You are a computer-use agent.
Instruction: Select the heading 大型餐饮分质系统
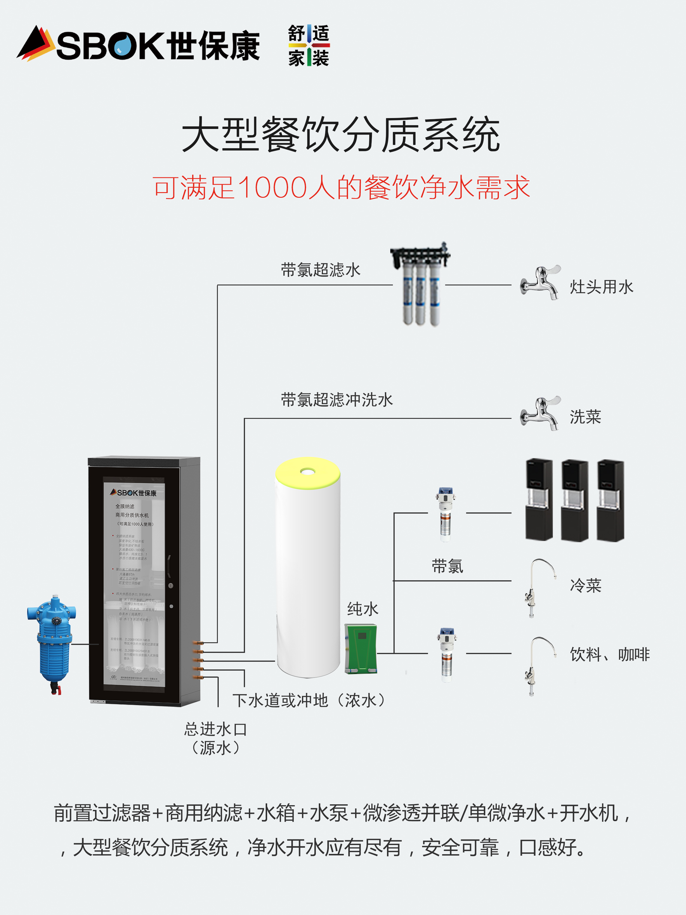click(x=341, y=134)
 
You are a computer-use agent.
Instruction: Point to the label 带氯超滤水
click(x=320, y=270)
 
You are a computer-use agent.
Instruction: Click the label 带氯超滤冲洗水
click(x=337, y=400)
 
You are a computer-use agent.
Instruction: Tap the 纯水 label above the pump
click(x=362, y=609)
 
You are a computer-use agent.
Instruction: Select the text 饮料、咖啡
click(x=610, y=654)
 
